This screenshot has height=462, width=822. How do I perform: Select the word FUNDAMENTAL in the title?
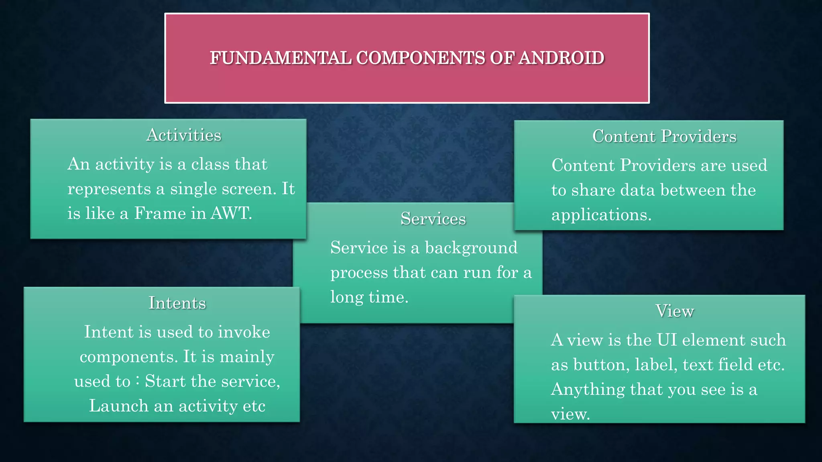point(281,58)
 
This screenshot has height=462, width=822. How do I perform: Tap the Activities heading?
point(184,135)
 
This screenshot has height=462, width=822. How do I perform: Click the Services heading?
point(433,219)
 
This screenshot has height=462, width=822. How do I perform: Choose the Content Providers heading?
point(664,136)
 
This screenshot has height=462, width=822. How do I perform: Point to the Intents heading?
point(177,303)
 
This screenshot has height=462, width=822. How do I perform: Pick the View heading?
point(675,311)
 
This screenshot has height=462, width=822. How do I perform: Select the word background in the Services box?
point(471,248)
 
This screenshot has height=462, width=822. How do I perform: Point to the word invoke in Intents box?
point(244,332)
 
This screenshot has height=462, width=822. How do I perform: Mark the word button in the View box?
point(601,365)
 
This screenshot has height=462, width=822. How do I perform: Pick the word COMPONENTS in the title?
point(421,58)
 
